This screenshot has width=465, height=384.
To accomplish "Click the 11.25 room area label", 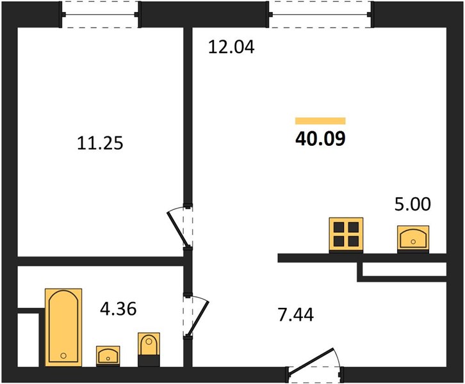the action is [100, 143].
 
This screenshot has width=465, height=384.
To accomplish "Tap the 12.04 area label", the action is [231, 47].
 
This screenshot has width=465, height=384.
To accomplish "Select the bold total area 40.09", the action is [321, 139].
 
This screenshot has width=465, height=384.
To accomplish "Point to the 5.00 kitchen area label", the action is [412, 204].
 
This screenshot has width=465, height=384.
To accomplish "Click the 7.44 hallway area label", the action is [296, 314].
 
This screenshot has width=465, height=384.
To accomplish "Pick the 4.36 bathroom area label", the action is [118, 308].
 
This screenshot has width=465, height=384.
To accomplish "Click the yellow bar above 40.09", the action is [320, 121].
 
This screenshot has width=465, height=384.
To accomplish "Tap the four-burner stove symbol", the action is [346, 235].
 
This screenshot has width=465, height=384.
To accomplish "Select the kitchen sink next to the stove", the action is [413, 239].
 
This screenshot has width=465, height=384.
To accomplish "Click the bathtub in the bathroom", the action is [63, 327].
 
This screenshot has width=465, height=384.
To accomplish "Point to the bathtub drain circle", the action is [63, 356].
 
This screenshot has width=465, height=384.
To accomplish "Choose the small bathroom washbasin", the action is [108, 356].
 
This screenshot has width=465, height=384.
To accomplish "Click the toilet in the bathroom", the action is [149, 349].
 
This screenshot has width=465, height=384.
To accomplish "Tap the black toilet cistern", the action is [149, 360].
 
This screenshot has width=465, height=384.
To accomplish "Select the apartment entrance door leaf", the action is [311, 360].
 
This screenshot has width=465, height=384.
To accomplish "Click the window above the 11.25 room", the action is [100, 15].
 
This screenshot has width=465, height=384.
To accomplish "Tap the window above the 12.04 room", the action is [320, 15].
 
